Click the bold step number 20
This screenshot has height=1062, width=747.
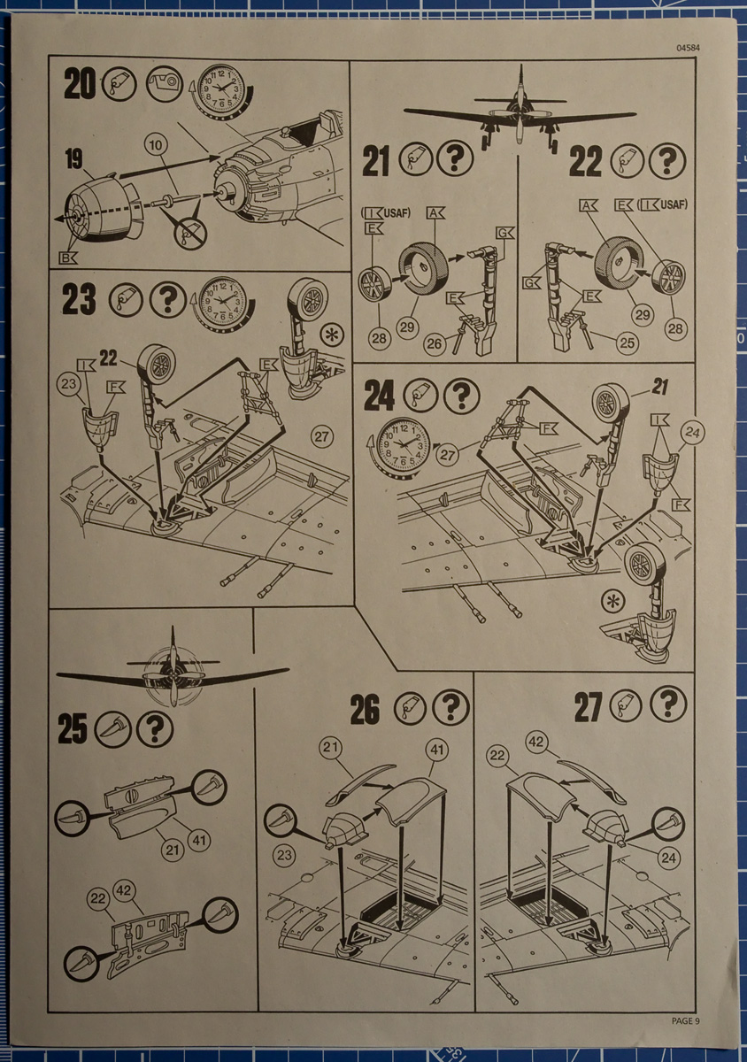tap(80, 83)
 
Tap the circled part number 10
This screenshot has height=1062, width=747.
tap(156, 145)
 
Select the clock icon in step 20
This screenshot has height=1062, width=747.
tap(221, 90)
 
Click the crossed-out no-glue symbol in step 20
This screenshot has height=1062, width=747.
tap(190, 232)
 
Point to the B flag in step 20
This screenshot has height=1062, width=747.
tap(68, 258)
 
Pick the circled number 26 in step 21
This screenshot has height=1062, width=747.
tap(434, 343)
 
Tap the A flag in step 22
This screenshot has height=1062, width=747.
tap(588, 205)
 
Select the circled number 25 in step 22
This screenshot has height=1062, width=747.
tap(627, 342)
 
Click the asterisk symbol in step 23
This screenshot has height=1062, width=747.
tap(333, 335)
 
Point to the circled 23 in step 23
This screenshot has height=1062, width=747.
tap(68, 383)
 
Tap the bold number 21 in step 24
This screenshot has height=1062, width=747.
tap(659, 387)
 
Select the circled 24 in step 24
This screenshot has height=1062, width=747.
tap(692, 433)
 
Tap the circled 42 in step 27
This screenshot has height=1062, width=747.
tap(536, 742)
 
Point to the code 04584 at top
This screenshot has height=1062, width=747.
tap(688, 48)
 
